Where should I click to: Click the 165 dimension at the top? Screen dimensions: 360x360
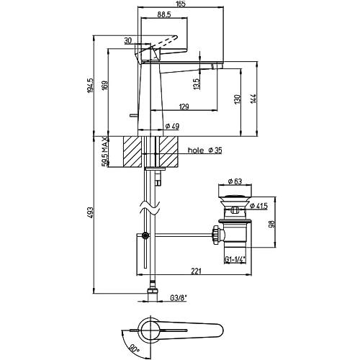180,4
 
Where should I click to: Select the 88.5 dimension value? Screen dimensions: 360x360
164,14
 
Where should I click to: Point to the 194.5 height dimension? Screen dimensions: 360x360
90,85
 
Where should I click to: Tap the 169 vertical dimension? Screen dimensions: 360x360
105,85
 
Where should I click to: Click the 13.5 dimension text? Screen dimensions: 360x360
197,84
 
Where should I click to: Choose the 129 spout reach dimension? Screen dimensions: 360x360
184,107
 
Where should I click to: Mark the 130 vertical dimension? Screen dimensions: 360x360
237,99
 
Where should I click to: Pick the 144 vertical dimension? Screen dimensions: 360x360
253,99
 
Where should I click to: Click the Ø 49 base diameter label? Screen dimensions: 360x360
172,126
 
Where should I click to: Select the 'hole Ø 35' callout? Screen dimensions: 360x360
204,150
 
